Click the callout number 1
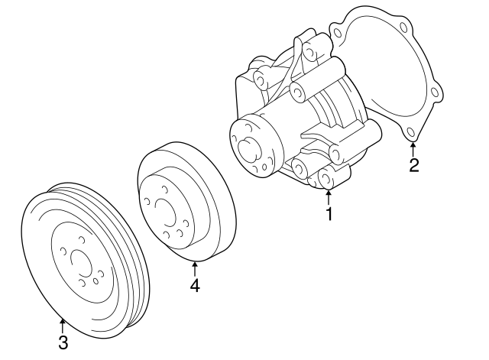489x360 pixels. coord(329,214)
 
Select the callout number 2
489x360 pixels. coord(413,165)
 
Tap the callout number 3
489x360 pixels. coord(63,341)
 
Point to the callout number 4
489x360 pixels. coord(195,285)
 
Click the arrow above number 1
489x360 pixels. coord(329,197)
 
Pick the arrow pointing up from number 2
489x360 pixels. coord(413,148)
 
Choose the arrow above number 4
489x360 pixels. coord(195,268)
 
